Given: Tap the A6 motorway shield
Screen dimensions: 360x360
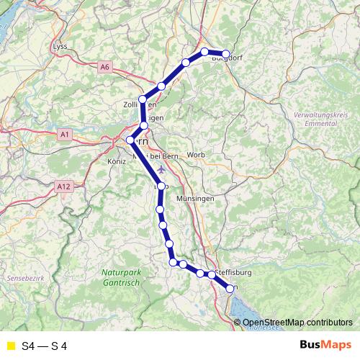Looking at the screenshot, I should point(106,67).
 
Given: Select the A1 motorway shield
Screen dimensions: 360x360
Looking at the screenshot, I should point(64,134).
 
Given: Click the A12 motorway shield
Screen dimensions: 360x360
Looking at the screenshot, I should point(63,186).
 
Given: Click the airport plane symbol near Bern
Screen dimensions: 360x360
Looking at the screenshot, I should point(160,169).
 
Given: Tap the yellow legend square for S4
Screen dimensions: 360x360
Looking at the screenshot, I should point(10,346).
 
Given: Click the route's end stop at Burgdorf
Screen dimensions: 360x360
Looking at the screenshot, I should point(226,54).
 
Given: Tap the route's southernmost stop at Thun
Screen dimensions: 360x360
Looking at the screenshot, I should point(230,289).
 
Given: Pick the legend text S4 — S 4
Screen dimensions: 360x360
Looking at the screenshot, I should point(45,346).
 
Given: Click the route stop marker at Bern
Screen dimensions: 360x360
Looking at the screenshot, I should point(130,140).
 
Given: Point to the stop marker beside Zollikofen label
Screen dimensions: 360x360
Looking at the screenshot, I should point(143,99).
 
